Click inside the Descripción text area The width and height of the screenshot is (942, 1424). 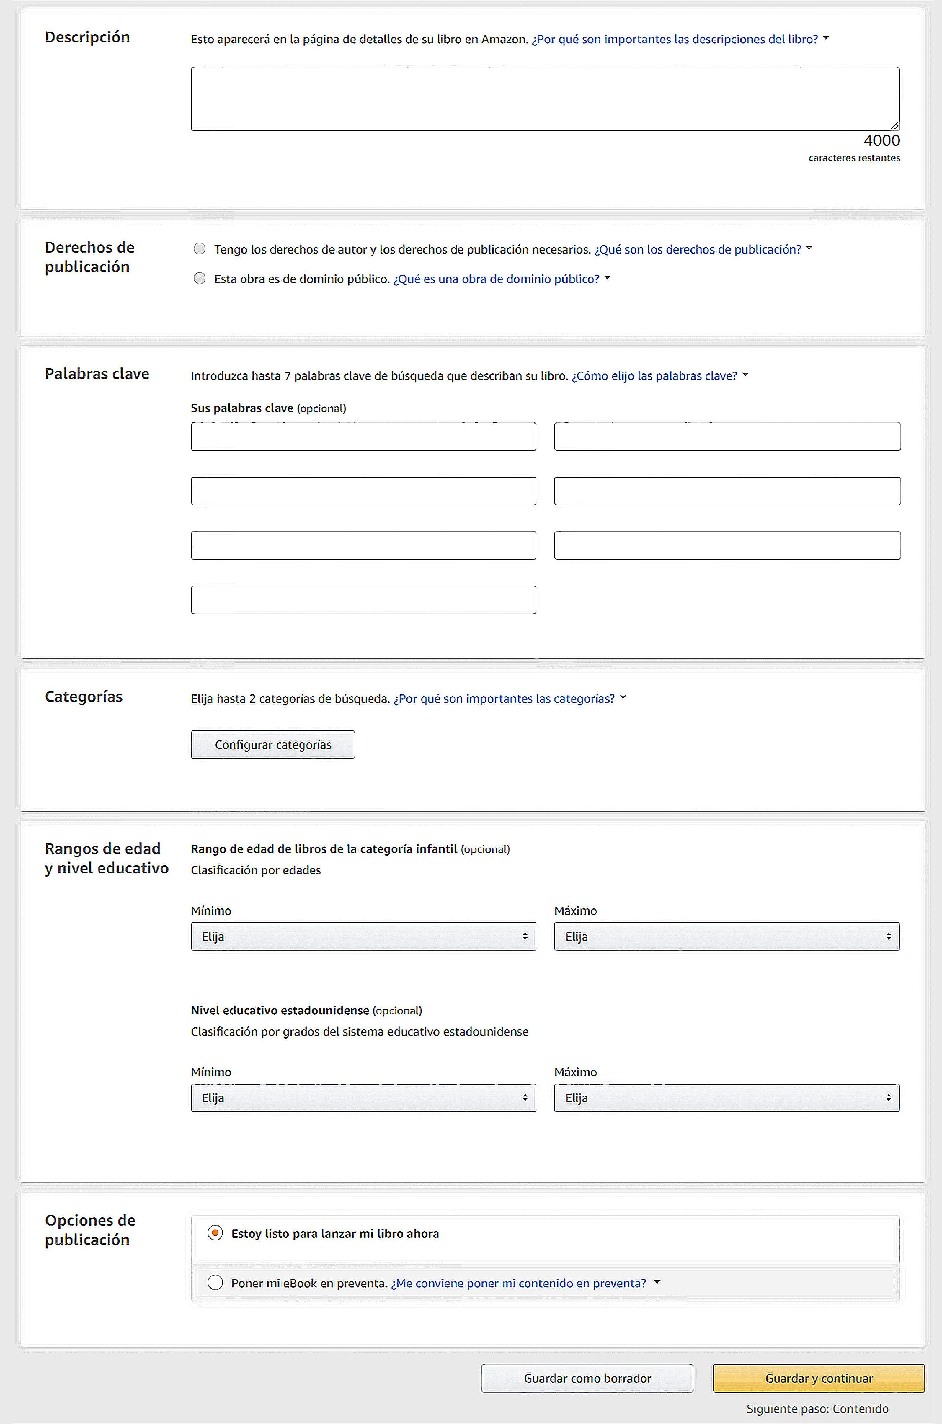545,99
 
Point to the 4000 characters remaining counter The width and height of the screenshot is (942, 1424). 881,140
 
